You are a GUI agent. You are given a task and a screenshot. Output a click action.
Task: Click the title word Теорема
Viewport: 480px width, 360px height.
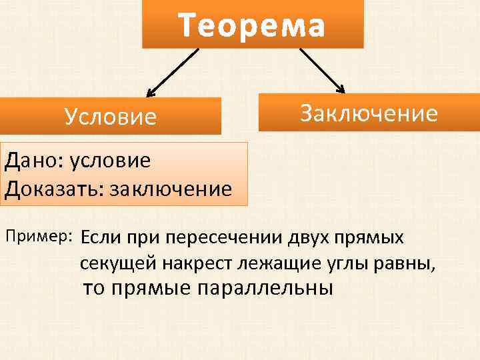(252, 26)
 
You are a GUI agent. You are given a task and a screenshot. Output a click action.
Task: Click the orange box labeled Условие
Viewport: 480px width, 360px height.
(111, 117)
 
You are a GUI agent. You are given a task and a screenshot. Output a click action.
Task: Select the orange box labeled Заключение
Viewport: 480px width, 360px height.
(369, 113)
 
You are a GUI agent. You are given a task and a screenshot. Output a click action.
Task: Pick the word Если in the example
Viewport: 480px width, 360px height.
(101, 237)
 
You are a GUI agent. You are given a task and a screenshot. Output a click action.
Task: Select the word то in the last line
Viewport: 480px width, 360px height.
(94, 289)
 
